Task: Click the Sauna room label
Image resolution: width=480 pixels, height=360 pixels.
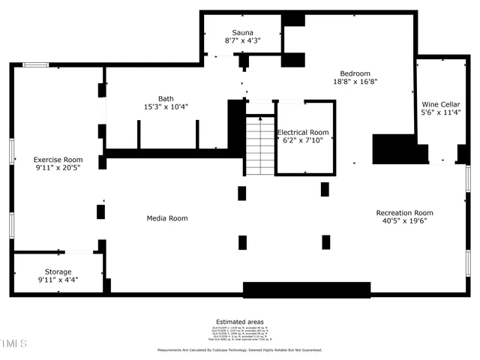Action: pos(242,32)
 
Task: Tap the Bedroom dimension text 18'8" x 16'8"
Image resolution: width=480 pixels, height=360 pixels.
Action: pos(355,82)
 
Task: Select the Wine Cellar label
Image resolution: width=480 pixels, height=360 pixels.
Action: pos(440,105)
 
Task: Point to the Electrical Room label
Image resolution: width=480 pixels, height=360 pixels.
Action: pos(303,132)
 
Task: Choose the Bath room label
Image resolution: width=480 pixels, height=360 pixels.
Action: pos(166,98)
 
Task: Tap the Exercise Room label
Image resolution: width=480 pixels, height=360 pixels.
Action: pos(58,160)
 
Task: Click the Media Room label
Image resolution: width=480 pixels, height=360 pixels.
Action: pos(166,218)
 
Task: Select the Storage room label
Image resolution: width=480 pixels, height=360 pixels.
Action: pos(58,271)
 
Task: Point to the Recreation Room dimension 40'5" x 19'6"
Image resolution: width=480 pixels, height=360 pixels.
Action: pos(404,221)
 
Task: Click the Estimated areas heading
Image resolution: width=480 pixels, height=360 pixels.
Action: pos(239,322)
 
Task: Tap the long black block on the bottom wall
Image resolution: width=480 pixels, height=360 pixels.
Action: pos(307,289)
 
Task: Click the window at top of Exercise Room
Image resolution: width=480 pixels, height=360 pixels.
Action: pos(34,65)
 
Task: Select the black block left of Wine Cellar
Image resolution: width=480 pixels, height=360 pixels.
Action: pos(394,148)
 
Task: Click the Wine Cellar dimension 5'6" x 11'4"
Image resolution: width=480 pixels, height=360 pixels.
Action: pos(440,114)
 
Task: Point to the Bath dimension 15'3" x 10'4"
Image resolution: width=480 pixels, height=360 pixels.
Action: pos(166,106)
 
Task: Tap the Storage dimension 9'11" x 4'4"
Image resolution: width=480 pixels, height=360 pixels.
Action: pos(58,280)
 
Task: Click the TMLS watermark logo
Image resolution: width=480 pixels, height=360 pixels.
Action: pos(13,344)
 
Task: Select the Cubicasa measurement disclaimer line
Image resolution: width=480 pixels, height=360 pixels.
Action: pos(239,350)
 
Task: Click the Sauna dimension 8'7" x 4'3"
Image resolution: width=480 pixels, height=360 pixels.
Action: pos(242,40)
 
